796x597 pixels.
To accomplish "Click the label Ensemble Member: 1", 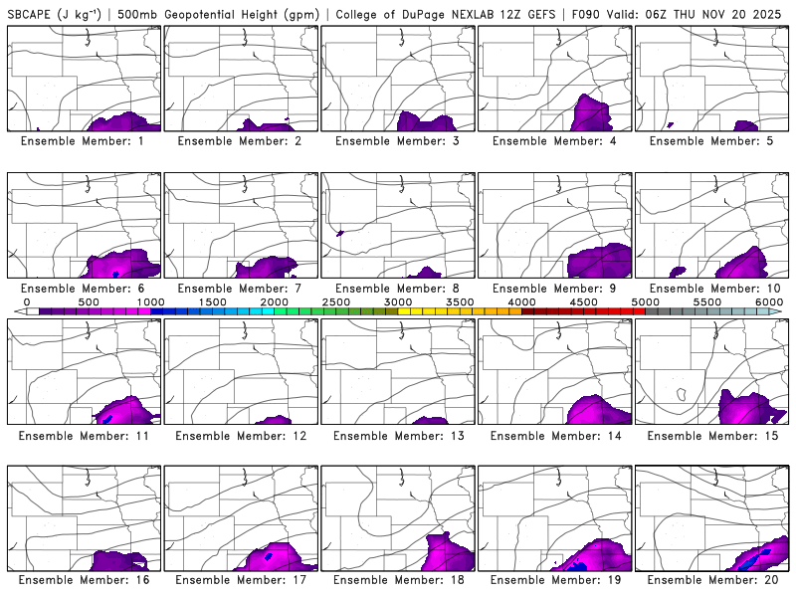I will [84, 141].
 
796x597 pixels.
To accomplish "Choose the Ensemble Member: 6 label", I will [84, 289].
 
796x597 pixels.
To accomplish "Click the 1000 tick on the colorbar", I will [151, 301].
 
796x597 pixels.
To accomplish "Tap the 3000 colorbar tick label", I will [398, 301].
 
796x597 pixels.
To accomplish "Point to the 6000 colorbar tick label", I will [768, 301].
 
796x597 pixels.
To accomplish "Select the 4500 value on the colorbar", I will [583, 301].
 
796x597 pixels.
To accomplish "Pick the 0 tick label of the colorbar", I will [27, 301].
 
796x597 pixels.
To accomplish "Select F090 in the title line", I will [585, 14].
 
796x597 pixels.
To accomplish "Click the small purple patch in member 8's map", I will [340, 233].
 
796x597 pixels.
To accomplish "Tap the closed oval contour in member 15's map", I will [682, 394].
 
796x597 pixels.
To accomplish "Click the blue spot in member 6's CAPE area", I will [116, 273].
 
